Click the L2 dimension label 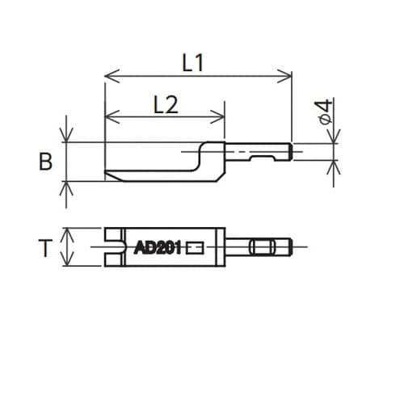(x=165, y=103)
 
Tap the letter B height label (x=46, y=162)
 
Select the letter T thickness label (x=46, y=248)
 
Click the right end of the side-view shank (x=289, y=151)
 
